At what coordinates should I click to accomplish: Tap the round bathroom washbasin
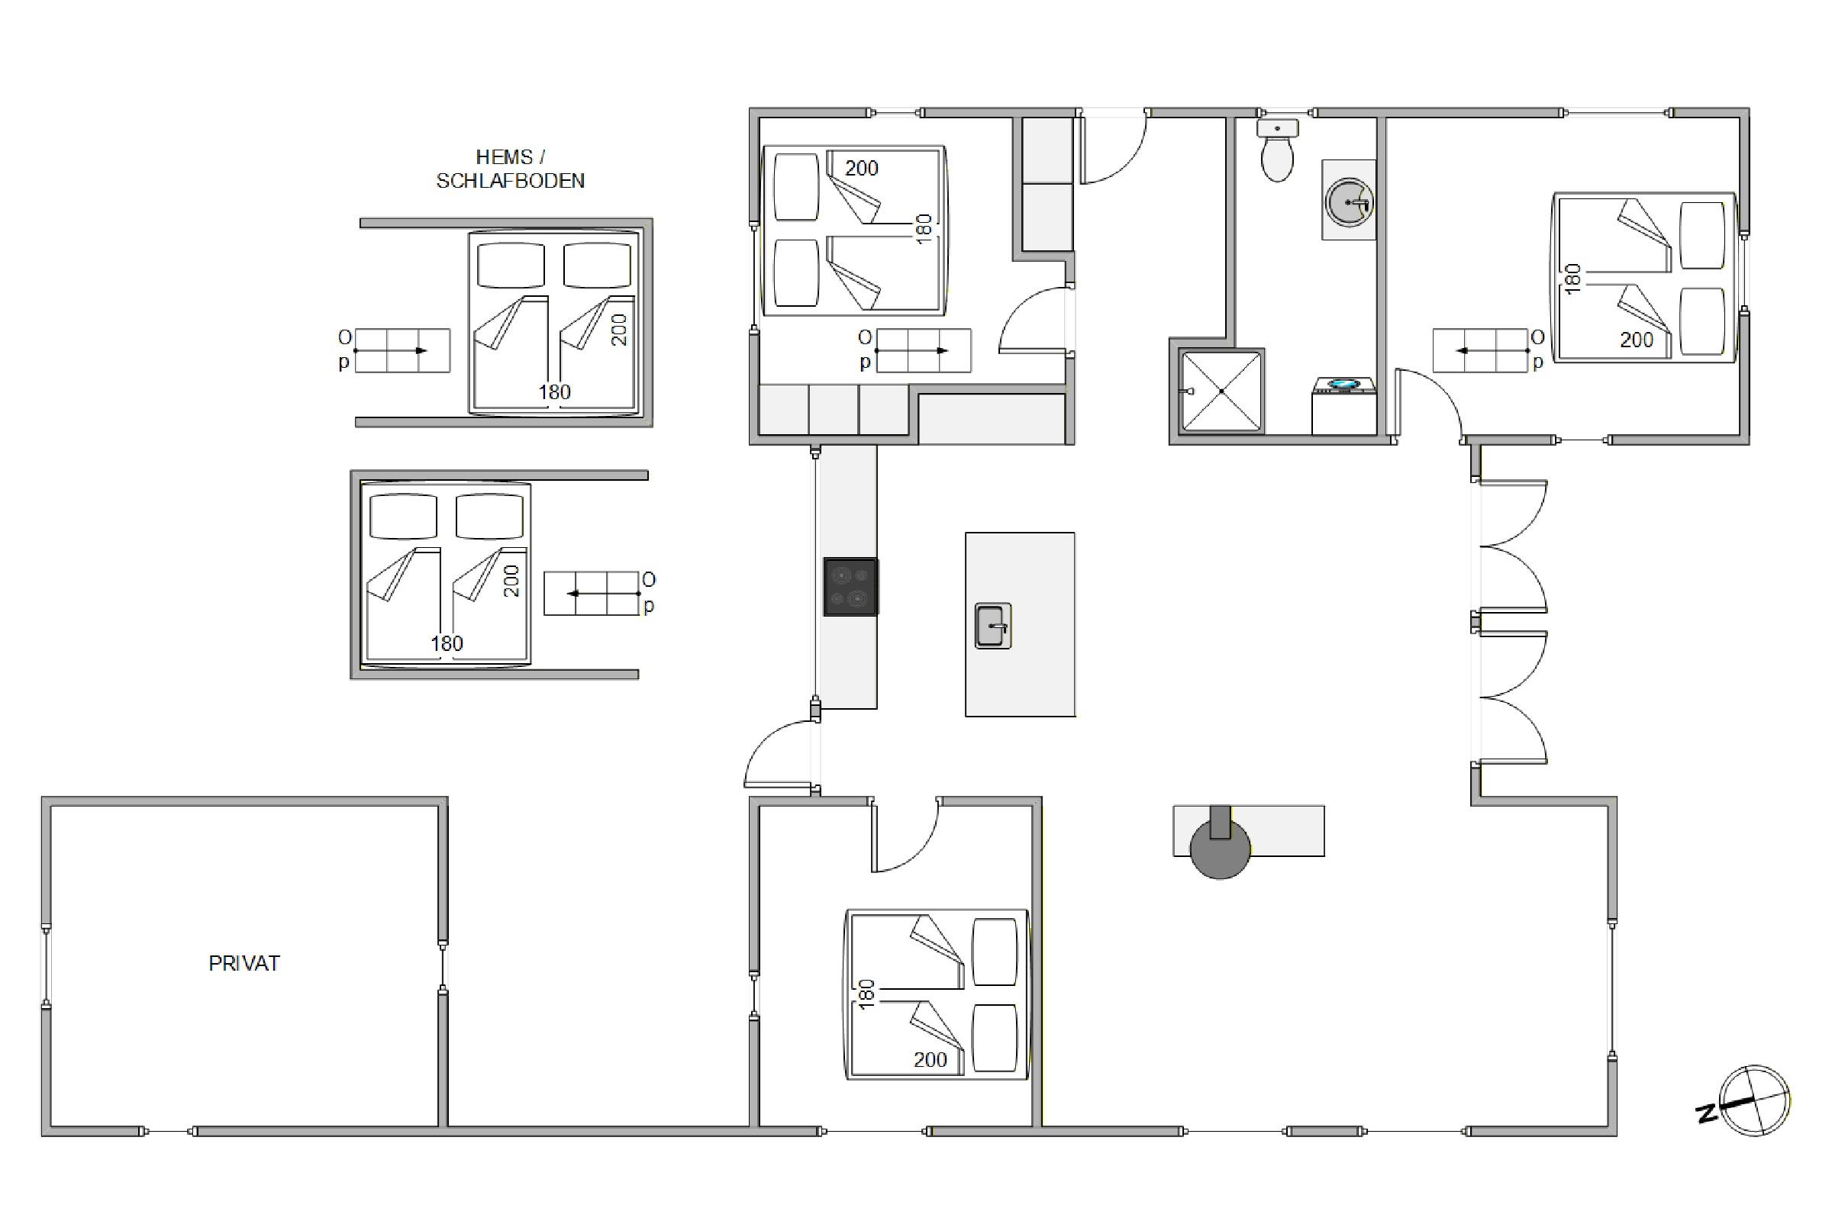[1348, 201]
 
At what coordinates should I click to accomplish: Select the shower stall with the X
[1221, 390]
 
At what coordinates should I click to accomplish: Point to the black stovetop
[850, 586]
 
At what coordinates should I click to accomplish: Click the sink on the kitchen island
[993, 625]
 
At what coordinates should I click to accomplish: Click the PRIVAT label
[244, 963]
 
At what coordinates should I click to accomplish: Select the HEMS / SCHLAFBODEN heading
[510, 169]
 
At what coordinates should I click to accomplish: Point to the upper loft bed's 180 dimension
[555, 391]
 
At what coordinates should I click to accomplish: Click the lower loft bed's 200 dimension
[511, 581]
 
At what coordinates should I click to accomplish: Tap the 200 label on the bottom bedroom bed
[930, 1059]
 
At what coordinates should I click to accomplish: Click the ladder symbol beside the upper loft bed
[403, 350]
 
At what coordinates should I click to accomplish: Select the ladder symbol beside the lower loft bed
[591, 594]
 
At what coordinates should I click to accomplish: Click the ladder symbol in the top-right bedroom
[1480, 350]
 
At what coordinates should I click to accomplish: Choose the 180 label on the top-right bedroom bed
[1572, 279]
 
